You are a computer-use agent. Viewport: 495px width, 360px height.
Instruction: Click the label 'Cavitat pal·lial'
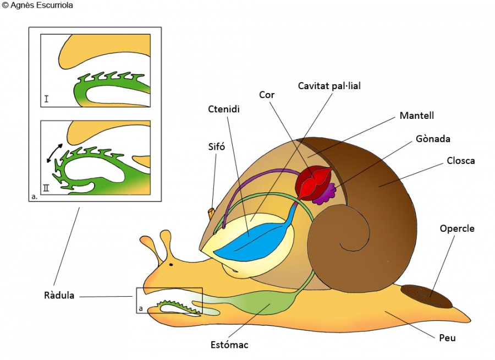(329, 86)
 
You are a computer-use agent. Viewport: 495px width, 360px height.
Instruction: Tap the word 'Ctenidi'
(224, 109)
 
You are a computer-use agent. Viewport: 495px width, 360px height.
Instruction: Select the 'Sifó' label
(217, 146)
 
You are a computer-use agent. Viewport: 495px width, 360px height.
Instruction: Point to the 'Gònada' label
(433, 139)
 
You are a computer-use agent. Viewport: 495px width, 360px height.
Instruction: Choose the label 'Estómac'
(229, 345)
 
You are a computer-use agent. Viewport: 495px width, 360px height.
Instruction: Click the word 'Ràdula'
(59, 296)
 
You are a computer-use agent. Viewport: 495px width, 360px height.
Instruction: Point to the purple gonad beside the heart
(329, 191)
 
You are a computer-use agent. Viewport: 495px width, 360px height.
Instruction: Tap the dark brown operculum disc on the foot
(426, 296)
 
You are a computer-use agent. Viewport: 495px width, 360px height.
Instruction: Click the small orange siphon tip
(212, 212)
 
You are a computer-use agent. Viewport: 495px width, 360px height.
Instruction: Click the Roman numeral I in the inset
(47, 99)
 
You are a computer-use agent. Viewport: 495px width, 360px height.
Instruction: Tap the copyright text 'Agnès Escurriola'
(41, 6)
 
